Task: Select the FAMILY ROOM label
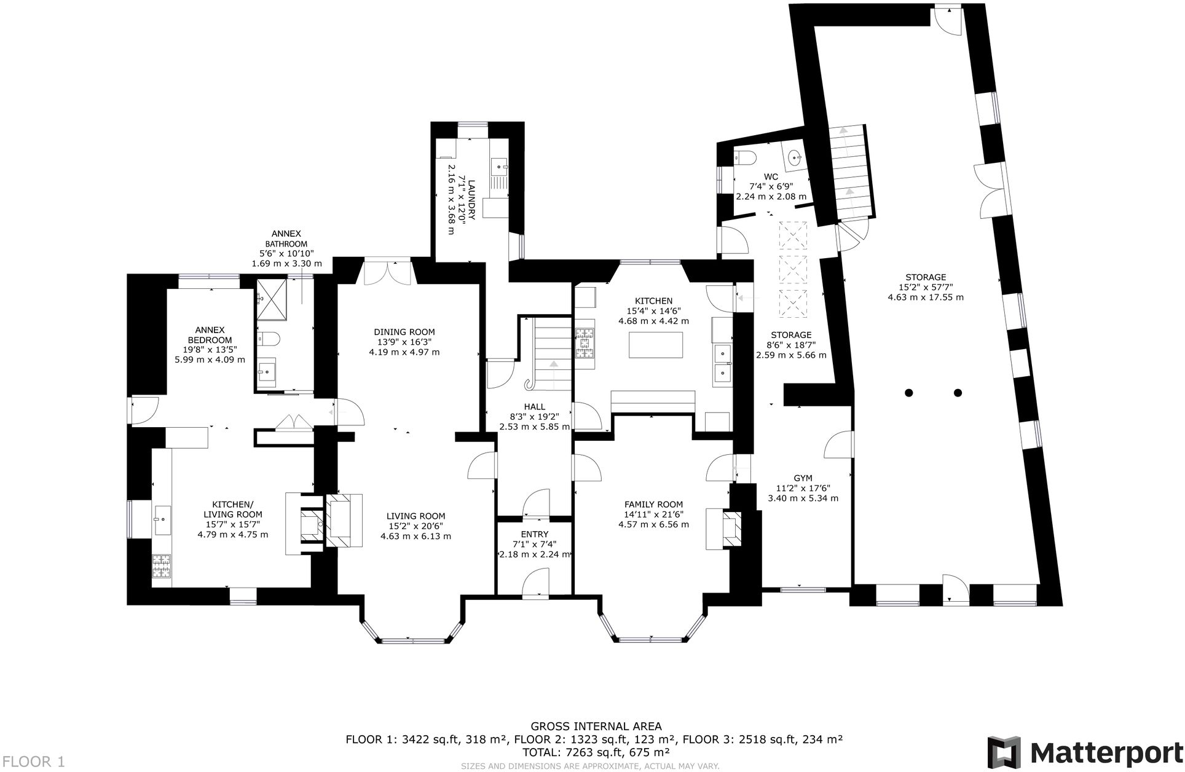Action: (x=653, y=505)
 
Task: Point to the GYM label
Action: (x=803, y=478)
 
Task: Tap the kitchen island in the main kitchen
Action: (x=656, y=345)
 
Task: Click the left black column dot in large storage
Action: (x=909, y=392)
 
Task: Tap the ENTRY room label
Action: (x=533, y=534)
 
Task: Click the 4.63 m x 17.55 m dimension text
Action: (x=925, y=297)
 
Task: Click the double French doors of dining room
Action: (x=388, y=273)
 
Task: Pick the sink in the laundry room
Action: (x=499, y=165)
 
